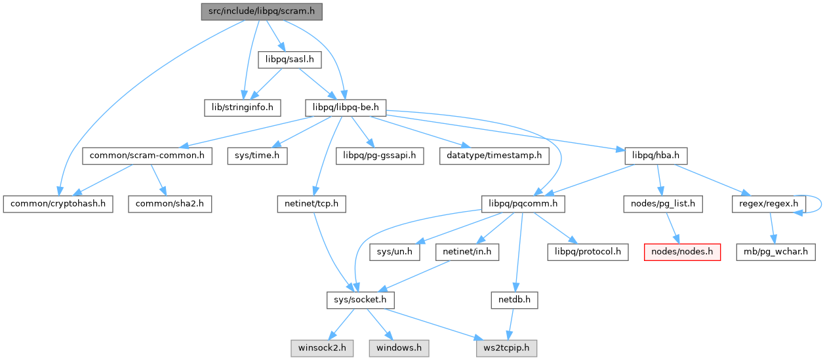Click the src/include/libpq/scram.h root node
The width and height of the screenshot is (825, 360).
click(262, 12)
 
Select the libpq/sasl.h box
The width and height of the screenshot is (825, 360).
click(289, 60)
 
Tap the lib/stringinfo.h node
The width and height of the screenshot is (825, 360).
click(241, 106)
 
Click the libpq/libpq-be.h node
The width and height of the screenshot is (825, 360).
click(345, 106)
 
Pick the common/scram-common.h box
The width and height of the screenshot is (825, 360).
click(147, 156)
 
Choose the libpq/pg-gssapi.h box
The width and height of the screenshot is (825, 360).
click(380, 156)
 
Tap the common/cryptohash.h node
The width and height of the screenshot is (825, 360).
click(57, 204)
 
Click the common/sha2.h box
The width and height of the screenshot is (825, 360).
click(170, 204)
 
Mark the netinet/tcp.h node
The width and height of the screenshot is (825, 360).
click(311, 204)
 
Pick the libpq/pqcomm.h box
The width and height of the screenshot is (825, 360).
click(523, 204)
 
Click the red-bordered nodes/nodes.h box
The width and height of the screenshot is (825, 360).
click(682, 252)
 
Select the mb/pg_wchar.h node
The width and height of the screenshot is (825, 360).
click(775, 252)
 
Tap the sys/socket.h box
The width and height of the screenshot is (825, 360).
click(360, 300)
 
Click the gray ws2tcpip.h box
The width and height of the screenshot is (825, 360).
click(506, 348)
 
